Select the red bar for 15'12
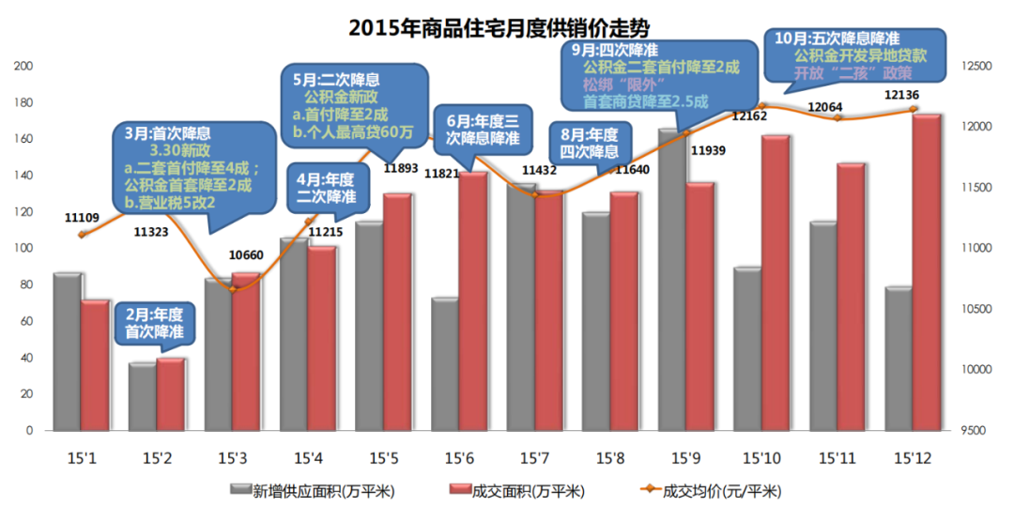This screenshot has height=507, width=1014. pos(927,272)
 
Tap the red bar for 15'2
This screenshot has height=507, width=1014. pos(170,394)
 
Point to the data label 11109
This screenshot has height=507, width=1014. pos(83,217)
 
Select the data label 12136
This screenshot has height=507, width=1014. pos(901,95)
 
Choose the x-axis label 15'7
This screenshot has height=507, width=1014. pos(533,458)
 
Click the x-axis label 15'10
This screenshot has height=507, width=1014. pos(760,458)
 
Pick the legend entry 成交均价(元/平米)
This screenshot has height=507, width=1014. pos(721,490)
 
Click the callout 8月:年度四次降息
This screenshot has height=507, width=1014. pos(589,144)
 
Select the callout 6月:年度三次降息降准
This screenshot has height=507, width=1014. pos(483,130)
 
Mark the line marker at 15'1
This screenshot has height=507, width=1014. pos(83,234)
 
